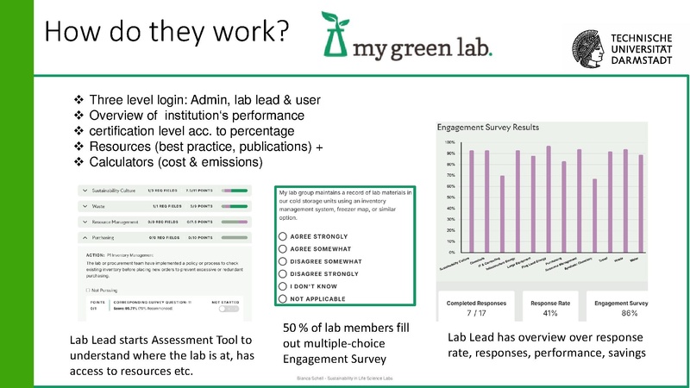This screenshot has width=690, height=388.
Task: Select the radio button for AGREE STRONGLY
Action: coord(283,235)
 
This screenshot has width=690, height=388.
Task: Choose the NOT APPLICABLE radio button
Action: coord(283,298)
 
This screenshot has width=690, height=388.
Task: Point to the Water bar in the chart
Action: coord(641,203)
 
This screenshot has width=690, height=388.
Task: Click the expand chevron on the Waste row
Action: coord(84,205)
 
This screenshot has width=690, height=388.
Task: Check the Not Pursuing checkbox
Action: coord(87,292)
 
